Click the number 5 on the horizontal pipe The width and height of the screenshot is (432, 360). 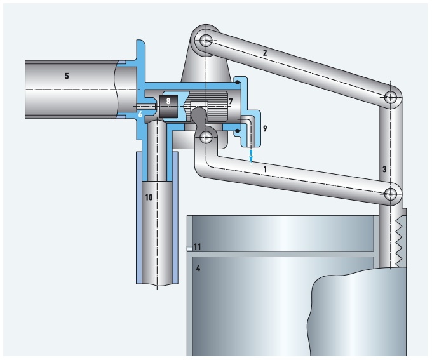[67, 76]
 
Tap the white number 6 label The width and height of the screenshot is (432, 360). [140, 114]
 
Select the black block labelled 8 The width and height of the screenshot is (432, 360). [168, 106]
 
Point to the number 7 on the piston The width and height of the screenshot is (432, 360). [231, 101]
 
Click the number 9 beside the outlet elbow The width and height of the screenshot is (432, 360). [265, 128]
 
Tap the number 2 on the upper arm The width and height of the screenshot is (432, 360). [265, 53]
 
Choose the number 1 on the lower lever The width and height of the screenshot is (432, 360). [265, 169]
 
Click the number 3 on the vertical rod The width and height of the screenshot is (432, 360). [384, 169]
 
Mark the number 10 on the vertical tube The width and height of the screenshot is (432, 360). [149, 197]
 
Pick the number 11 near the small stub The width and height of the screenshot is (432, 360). [198, 246]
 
